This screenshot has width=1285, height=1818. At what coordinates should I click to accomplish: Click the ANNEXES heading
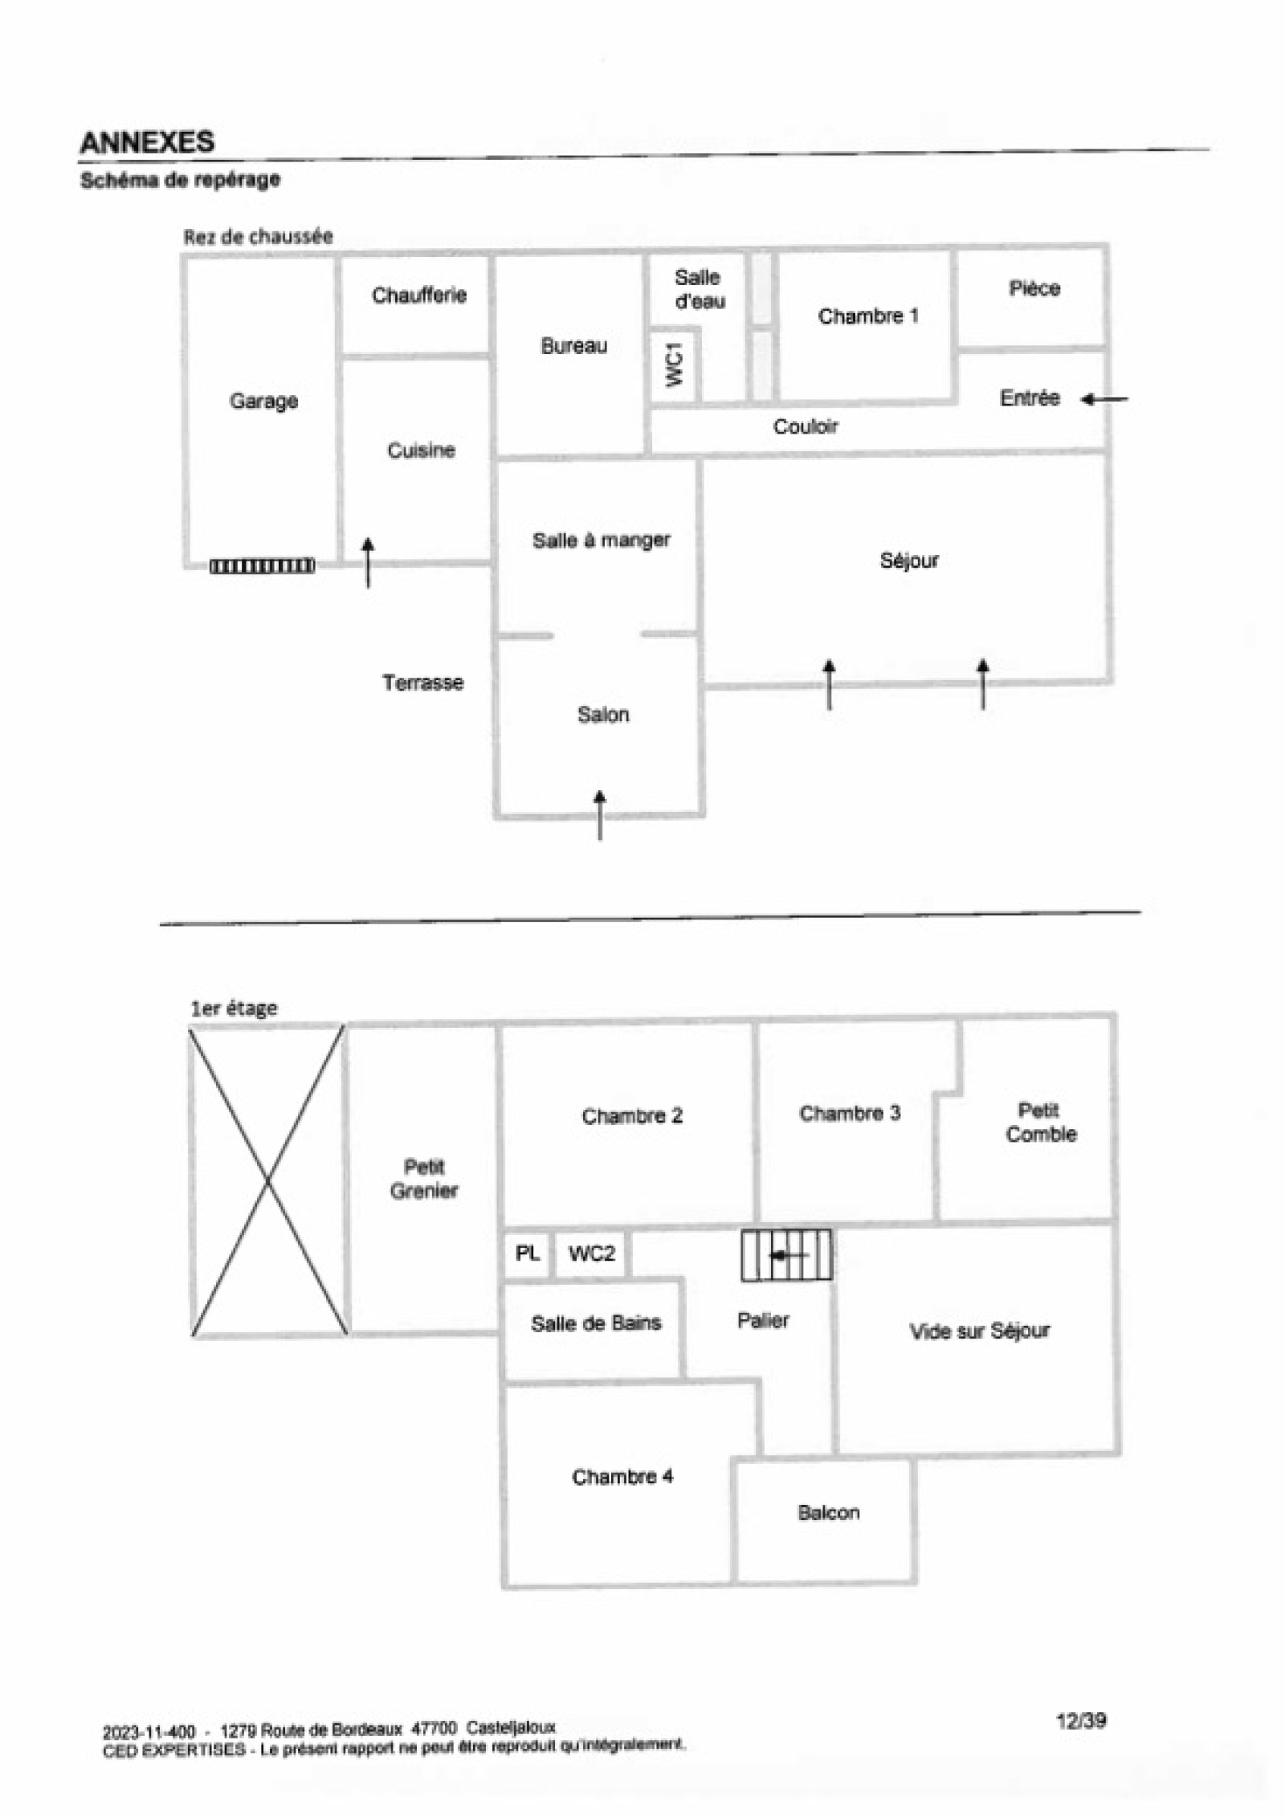[x=147, y=142]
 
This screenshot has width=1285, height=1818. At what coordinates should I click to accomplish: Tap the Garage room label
[x=263, y=401]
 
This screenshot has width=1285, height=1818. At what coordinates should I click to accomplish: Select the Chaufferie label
[x=418, y=296]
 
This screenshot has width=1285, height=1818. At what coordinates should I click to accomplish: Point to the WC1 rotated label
[x=675, y=364]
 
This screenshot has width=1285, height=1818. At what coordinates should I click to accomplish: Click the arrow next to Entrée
[x=1103, y=398]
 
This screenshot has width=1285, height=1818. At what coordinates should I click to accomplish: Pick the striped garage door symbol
[x=262, y=566]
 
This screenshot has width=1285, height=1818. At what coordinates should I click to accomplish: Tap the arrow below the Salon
[x=599, y=814]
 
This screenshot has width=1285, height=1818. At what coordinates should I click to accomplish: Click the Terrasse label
[x=422, y=683]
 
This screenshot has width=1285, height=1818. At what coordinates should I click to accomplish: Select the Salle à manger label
[x=601, y=540]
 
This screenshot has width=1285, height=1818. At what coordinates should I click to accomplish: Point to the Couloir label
[x=805, y=426]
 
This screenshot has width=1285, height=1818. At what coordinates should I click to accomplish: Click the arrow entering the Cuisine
[x=368, y=562]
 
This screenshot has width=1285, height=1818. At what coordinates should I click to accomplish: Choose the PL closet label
[x=527, y=1253]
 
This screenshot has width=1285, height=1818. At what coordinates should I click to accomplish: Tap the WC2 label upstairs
[x=591, y=1253]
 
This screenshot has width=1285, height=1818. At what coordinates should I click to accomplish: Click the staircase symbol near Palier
[x=785, y=1254]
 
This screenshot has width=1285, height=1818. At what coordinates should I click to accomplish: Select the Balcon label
[x=828, y=1513]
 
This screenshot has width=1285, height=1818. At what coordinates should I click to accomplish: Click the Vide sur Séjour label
[x=979, y=1331]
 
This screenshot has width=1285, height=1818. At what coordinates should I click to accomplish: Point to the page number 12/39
[x=1080, y=1720]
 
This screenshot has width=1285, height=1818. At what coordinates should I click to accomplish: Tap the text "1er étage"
[x=234, y=1009]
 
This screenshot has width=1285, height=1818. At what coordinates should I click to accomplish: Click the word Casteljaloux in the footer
[x=511, y=1727]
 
